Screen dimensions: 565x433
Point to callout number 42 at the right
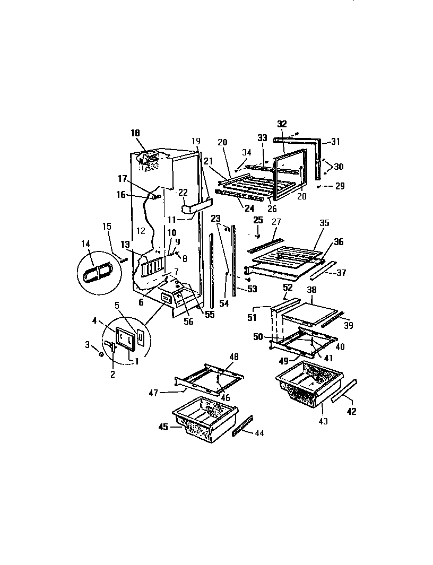351,411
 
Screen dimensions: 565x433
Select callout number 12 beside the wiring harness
141,231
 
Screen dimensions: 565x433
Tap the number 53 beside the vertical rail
252,289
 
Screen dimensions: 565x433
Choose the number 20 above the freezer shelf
222,142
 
